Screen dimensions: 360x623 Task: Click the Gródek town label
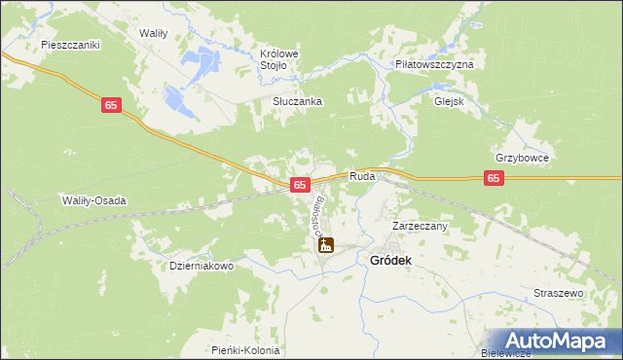coord(391,261)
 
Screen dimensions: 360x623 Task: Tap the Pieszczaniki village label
coord(71,45)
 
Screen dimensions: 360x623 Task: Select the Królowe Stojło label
coord(277,59)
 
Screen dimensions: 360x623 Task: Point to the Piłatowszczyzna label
coord(433,63)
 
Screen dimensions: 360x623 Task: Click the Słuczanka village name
coord(297,101)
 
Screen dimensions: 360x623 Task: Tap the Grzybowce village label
coord(523,158)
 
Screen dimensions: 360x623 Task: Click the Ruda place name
coord(362,177)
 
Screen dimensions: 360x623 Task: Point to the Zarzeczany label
coord(419,226)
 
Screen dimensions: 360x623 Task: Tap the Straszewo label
coord(558,293)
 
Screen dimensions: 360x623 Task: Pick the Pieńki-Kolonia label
coord(245,350)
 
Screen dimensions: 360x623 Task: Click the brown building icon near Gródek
coord(326,246)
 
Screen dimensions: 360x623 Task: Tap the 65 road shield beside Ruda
coord(300,184)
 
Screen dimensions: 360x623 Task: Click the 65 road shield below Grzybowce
coord(495,178)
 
